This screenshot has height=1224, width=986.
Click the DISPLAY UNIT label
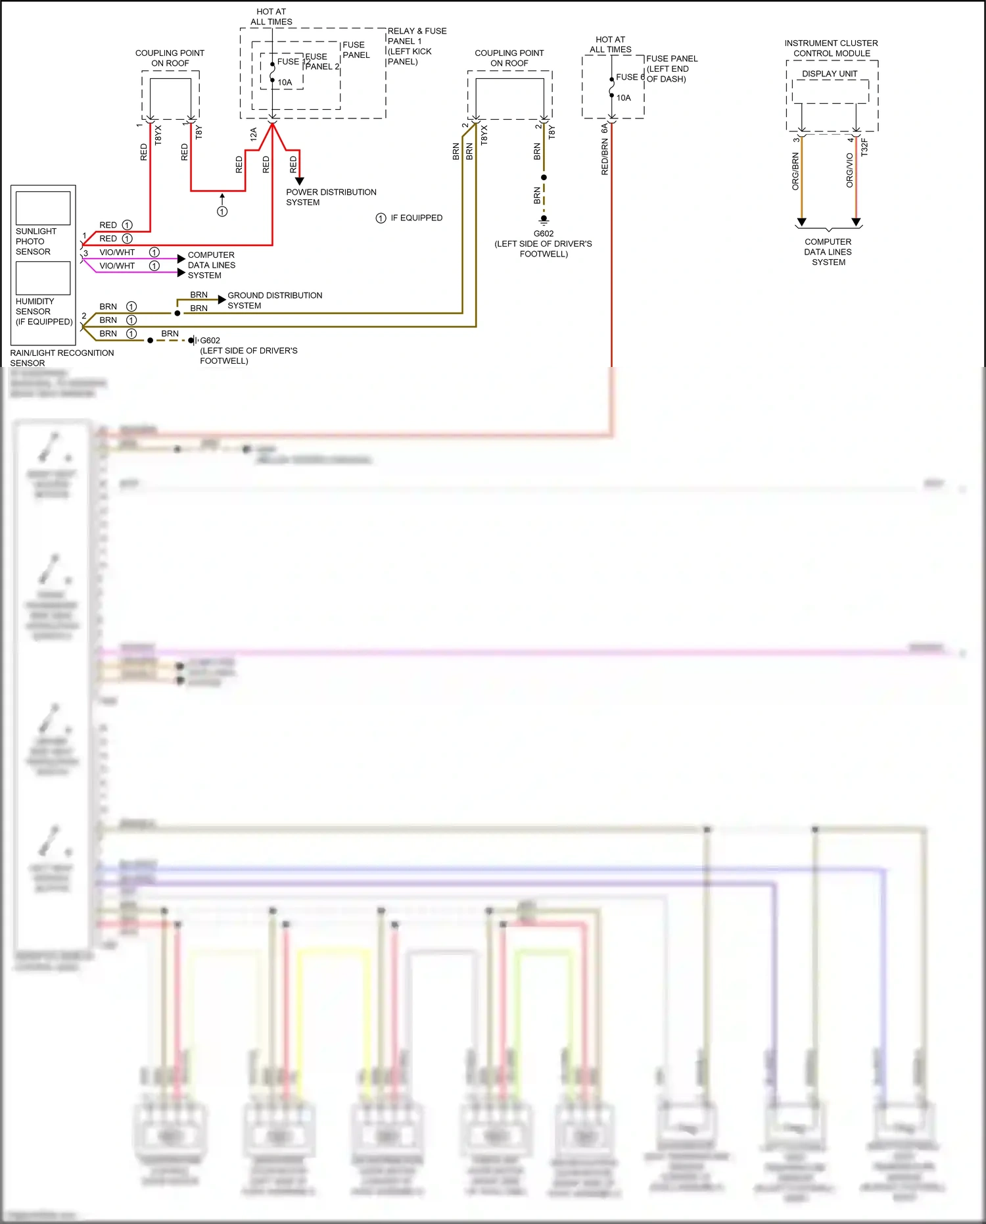(830, 74)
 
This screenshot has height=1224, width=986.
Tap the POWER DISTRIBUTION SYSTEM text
(331, 197)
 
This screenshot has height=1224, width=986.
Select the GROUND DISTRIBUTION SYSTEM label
(275, 301)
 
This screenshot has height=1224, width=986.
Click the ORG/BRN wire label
(795, 172)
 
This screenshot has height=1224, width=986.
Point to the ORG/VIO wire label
(849, 170)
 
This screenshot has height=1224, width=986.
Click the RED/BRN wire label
(605, 157)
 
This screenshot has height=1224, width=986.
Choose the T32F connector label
(864, 147)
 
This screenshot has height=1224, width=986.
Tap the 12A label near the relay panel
(253, 134)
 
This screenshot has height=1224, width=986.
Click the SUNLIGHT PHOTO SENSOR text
(35, 241)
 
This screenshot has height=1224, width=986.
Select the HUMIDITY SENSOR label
(35, 306)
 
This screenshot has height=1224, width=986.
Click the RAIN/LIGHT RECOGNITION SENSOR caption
(61, 358)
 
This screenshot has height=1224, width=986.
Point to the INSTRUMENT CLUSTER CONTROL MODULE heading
(831, 48)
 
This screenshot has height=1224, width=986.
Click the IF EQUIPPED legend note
(416, 218)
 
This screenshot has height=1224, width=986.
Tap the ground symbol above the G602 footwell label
(544, 220)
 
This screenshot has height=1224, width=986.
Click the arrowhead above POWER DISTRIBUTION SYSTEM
(299, 181)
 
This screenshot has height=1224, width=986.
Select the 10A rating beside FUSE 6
(623, 98)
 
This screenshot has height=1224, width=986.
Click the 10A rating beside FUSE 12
(285, 83)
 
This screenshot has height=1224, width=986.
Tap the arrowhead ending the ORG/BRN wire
(801, 222)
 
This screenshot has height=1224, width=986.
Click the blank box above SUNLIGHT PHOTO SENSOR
(43, 208)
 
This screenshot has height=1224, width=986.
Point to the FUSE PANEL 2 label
(321, 62)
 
